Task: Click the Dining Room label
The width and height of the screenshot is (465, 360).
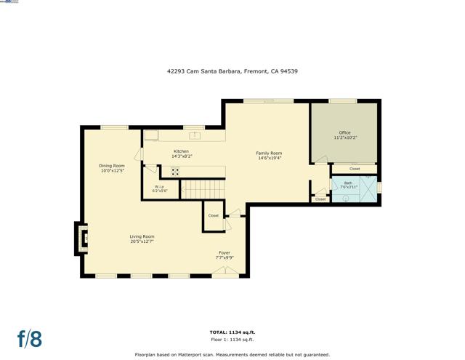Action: [113, 168]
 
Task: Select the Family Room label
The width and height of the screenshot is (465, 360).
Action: [269, 156]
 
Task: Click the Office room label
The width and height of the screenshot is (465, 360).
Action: [345, 135]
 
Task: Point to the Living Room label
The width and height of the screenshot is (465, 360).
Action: [142, 239]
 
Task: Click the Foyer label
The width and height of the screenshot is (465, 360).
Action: [225, 255]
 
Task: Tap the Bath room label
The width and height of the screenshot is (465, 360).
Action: [349, 185]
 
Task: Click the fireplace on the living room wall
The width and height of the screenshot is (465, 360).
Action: [81, 237]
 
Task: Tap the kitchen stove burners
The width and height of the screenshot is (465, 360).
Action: [176, 172]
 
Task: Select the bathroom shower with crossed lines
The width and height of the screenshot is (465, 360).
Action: [368, 190]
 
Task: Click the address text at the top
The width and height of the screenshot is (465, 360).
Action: [232, 71]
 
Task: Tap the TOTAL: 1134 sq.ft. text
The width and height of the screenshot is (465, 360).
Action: [232, 332]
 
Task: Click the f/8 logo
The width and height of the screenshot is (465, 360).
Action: [30, 338]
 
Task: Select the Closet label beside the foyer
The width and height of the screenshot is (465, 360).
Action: [213, 216]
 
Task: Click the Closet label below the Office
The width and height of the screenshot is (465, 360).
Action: [355, 169]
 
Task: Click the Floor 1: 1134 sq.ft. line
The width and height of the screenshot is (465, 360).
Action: [232, 339]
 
